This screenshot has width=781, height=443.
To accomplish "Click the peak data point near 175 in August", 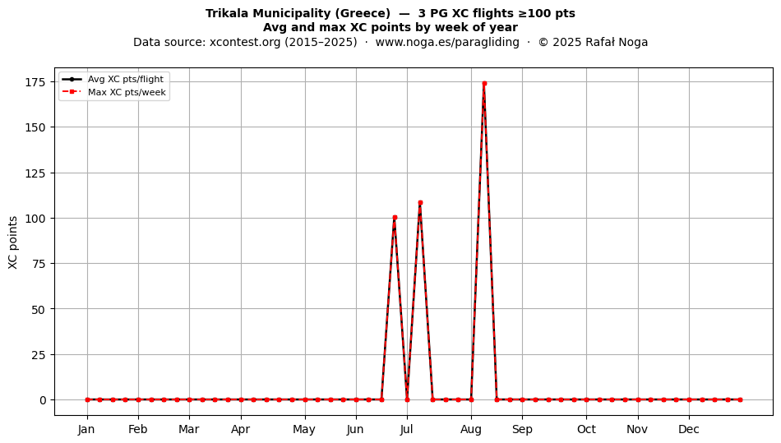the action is pos(484,84).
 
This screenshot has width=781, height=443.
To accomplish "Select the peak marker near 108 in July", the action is pos(420,202).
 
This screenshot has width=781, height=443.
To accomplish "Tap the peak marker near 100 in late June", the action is pos(395,218).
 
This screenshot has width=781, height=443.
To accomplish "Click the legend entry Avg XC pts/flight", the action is pos(126,79).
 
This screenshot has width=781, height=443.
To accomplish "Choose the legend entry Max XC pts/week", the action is pos(127,92).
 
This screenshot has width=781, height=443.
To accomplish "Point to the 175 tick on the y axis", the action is pos(35,82).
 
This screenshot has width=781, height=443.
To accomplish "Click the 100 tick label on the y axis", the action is pos(35,219).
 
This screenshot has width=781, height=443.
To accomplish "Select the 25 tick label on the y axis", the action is pos(39,355).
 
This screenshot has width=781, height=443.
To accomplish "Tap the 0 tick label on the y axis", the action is pos(43,400).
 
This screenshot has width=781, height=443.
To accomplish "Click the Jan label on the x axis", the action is pos(86,429).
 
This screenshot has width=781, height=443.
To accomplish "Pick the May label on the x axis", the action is pos(304,429).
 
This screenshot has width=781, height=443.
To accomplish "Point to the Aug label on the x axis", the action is pos(471,429).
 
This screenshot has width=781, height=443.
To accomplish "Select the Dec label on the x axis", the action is pos(689,429).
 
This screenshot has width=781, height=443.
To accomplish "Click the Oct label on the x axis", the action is pos(586,429).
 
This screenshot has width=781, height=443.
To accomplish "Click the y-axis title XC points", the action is pos(13,242).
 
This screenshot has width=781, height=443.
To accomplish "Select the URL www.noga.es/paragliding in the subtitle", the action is pos(447,42).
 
